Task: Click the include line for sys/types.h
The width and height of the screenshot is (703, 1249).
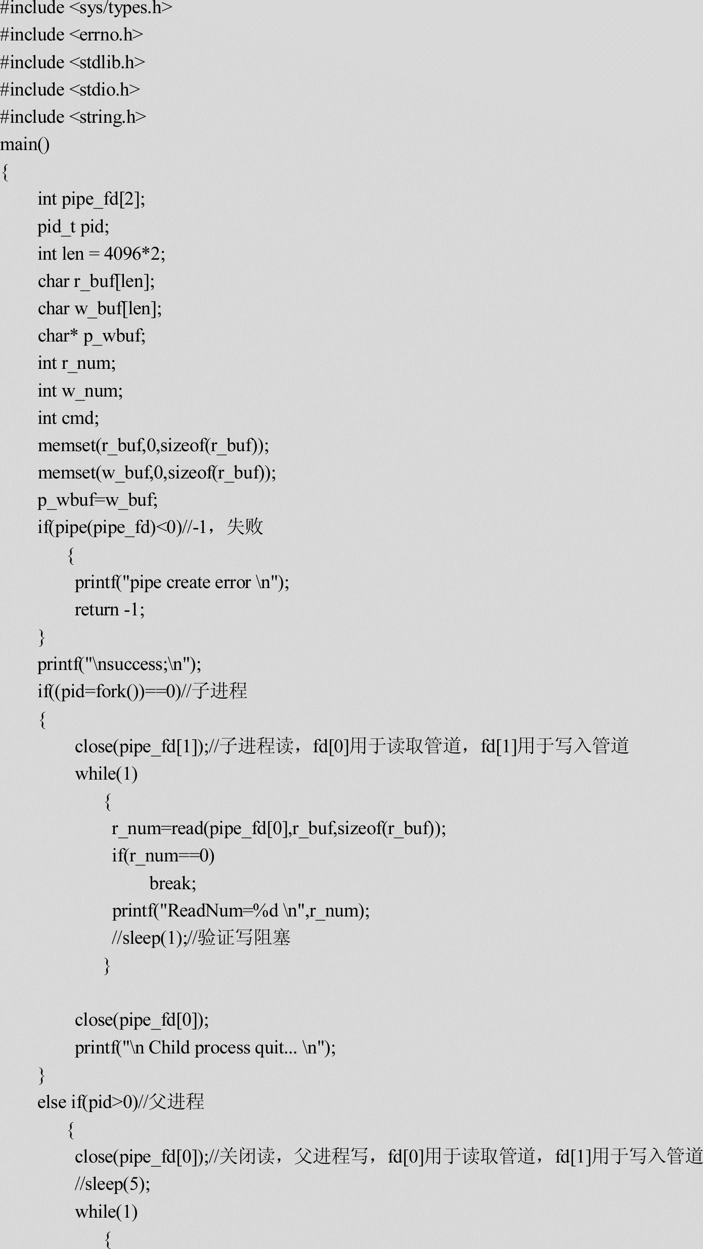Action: [x=86, y=8]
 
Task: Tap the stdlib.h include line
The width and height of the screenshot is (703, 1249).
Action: [x=72, y=63]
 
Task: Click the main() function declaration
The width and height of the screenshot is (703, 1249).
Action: [x=25, y=145]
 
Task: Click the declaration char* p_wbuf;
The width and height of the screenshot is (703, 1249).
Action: [x=92, y=336]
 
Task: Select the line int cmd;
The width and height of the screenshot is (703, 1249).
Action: [x=68, y=418]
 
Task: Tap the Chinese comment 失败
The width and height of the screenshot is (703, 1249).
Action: [x=245, y=527]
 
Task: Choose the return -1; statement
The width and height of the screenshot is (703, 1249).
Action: [x=109, y=610]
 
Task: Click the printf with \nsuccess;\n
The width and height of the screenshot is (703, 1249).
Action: [x=119, y=664]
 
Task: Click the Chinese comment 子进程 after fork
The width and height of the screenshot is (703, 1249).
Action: [x=219, y=691]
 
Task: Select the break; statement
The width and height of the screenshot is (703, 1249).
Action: [x=172, y=883]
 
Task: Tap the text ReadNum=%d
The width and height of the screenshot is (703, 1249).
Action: [x=223, y=910]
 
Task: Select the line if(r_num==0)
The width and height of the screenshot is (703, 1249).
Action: [x=163, y=856]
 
